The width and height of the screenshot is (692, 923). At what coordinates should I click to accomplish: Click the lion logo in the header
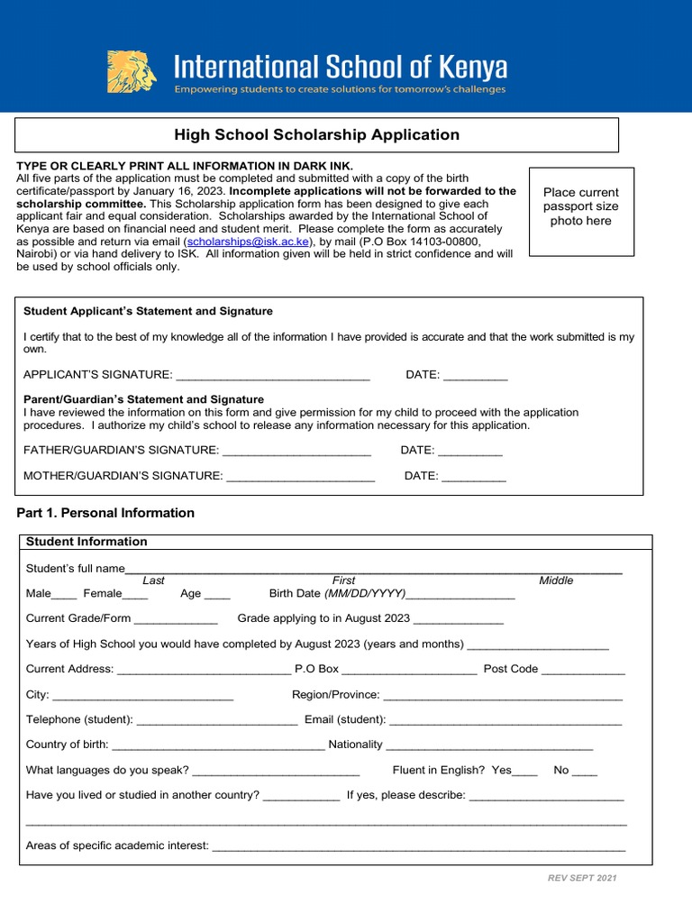[x=132, y=72]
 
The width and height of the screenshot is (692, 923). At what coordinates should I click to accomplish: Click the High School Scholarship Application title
[x=316, y=135]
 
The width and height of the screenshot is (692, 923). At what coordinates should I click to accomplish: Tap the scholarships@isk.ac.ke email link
[x=248, y=242]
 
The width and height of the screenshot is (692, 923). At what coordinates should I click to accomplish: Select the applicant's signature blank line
[x=273, y=375]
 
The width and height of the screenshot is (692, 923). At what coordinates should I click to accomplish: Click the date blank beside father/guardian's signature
[x=469, y=450]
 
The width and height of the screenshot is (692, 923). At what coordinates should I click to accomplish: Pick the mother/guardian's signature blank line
[x=300, y=476]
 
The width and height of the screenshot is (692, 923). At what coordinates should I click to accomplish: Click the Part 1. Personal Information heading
[x=105, y=513]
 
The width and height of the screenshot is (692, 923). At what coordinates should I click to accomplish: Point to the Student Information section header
[x=86, y=542]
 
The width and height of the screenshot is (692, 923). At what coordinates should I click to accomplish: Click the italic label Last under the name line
[x=153, y=580]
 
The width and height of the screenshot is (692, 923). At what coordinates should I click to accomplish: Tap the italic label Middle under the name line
[x=556, y=580]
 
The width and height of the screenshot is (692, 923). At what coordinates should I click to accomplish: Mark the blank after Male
[x=64, y=594]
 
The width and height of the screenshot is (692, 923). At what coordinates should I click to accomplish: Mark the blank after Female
[x=135, y=594]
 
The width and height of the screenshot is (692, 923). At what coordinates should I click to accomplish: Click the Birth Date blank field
[x=460, y=594]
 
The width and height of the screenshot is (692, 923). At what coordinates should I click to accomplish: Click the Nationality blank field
[x=489, y=745]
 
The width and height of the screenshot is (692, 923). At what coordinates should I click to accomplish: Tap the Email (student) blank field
[x=505, y=720]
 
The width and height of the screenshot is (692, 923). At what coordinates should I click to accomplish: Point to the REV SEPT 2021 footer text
[x=582, y=878]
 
